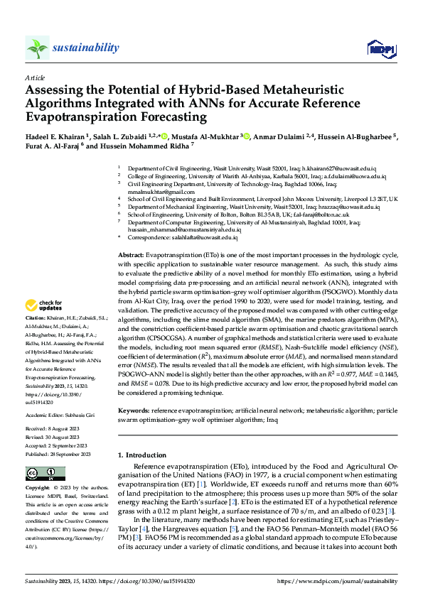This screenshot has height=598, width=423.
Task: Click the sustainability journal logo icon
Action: pos(38,48)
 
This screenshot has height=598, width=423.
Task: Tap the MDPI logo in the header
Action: pos(380,48)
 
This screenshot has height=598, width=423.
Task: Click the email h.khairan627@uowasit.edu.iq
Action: pos(338,168)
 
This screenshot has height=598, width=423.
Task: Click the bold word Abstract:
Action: pos(132,254)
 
